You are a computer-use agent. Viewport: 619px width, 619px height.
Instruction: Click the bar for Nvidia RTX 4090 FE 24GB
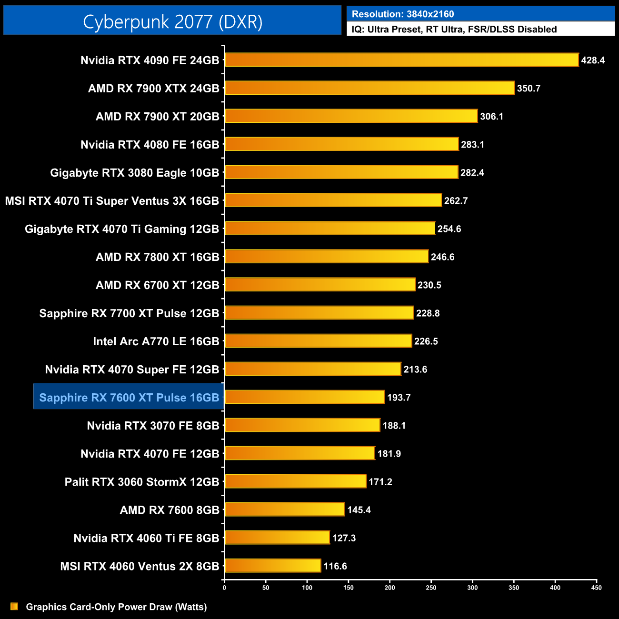[401, 60]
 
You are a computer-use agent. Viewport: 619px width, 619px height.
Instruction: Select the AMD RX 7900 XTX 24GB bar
[369, 88]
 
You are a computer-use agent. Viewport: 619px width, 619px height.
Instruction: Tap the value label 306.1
[491, 117]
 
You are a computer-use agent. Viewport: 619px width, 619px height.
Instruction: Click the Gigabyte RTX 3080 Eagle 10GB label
[135, 173]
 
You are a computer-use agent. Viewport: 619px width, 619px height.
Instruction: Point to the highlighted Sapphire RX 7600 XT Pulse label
[129, 398]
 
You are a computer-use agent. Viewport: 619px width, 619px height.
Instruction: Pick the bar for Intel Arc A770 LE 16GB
[318, 341]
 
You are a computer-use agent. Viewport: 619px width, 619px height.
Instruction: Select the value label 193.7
[399, 398]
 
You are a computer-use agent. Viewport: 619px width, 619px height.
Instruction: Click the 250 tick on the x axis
[431, 588]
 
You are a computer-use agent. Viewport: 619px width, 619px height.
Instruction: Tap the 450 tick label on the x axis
[596, 588]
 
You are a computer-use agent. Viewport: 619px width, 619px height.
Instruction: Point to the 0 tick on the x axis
[224, 588]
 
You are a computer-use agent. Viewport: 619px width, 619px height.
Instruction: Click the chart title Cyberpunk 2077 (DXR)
[172, 21]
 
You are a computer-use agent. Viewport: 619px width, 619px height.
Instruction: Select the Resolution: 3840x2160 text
[403, 14]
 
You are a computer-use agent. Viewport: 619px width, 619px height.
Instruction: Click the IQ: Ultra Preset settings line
[454, 30]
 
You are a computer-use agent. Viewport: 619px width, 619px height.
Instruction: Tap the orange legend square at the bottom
[14, 606]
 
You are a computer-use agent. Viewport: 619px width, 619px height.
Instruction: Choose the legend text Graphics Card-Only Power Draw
[116, 607]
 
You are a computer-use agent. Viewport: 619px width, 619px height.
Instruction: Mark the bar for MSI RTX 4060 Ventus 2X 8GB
[273, 566]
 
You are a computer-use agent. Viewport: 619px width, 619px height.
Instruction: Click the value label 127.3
[344, 538]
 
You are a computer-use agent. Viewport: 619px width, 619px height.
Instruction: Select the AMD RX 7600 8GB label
[170, 510]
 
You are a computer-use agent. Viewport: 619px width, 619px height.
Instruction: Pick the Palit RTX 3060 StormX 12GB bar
[295, 481]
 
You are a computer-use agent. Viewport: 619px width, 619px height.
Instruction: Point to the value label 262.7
[456, 201]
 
